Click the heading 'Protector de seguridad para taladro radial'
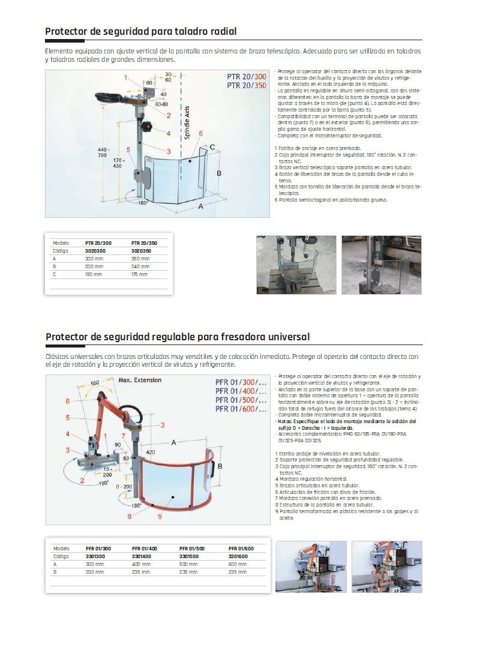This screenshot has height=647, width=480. click(x=141, y=31)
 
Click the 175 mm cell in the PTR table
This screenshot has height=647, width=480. click(x=139, y=274)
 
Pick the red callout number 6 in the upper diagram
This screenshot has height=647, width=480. click(x=200, y=133)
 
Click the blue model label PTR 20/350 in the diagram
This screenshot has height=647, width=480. click(x=247, y=86)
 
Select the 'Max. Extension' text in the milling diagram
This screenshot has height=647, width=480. click(x=140, y=380)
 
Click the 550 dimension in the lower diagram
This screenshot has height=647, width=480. click(x=95, y=382)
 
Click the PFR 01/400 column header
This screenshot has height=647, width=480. click(x=144, y=549)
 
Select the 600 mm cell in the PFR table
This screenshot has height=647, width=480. click(x=238, y=564)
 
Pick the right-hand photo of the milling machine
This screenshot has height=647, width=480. click(x=386, y=567)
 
